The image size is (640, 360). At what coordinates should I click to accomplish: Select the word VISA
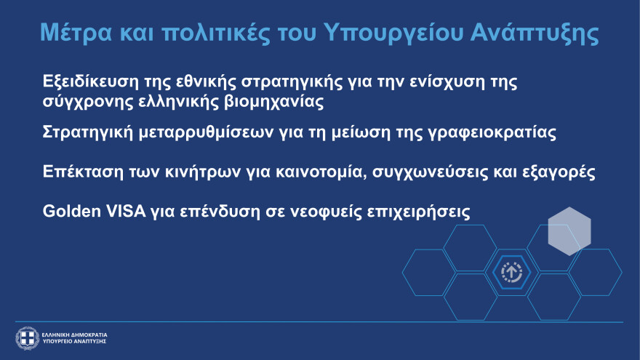pyautogui.click(x=128, y=212)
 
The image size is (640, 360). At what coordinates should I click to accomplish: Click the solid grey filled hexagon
pyautogui.click(x=569, y=231)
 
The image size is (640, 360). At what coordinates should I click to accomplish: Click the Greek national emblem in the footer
pyautogui.click(x=27, y=337)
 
